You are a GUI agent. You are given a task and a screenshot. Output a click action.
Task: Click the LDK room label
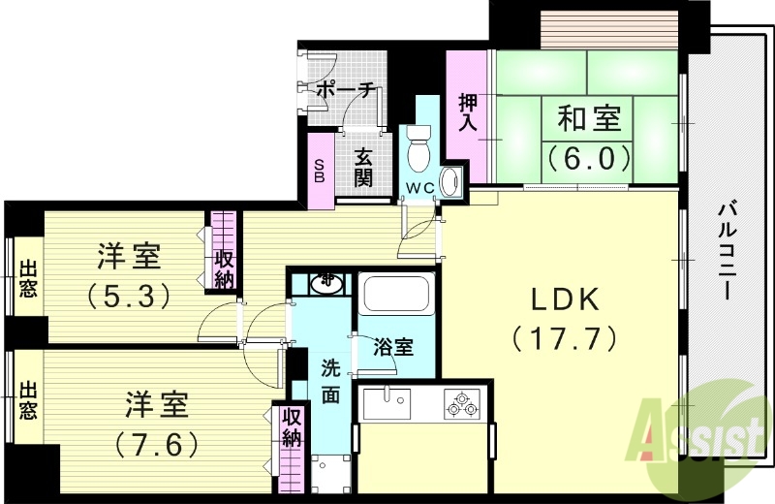[564, 299]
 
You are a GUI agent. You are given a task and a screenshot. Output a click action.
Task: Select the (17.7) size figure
[564, 338]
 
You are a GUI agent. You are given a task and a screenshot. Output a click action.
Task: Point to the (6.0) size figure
[588, 155]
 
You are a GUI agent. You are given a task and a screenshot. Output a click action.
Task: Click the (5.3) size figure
[128, 292]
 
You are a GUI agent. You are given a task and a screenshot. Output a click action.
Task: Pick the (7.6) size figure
[156, 445]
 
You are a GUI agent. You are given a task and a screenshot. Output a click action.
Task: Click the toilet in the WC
[419, 149]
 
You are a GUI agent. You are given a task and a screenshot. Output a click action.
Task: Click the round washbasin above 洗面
[325, 283]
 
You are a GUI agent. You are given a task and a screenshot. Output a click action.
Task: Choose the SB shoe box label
[320, 172]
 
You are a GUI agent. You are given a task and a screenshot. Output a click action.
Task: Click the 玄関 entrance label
[363, 166]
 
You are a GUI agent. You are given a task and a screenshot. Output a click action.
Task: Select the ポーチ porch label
[345, 90]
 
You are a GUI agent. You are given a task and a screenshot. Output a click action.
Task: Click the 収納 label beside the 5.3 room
[224, 268]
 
